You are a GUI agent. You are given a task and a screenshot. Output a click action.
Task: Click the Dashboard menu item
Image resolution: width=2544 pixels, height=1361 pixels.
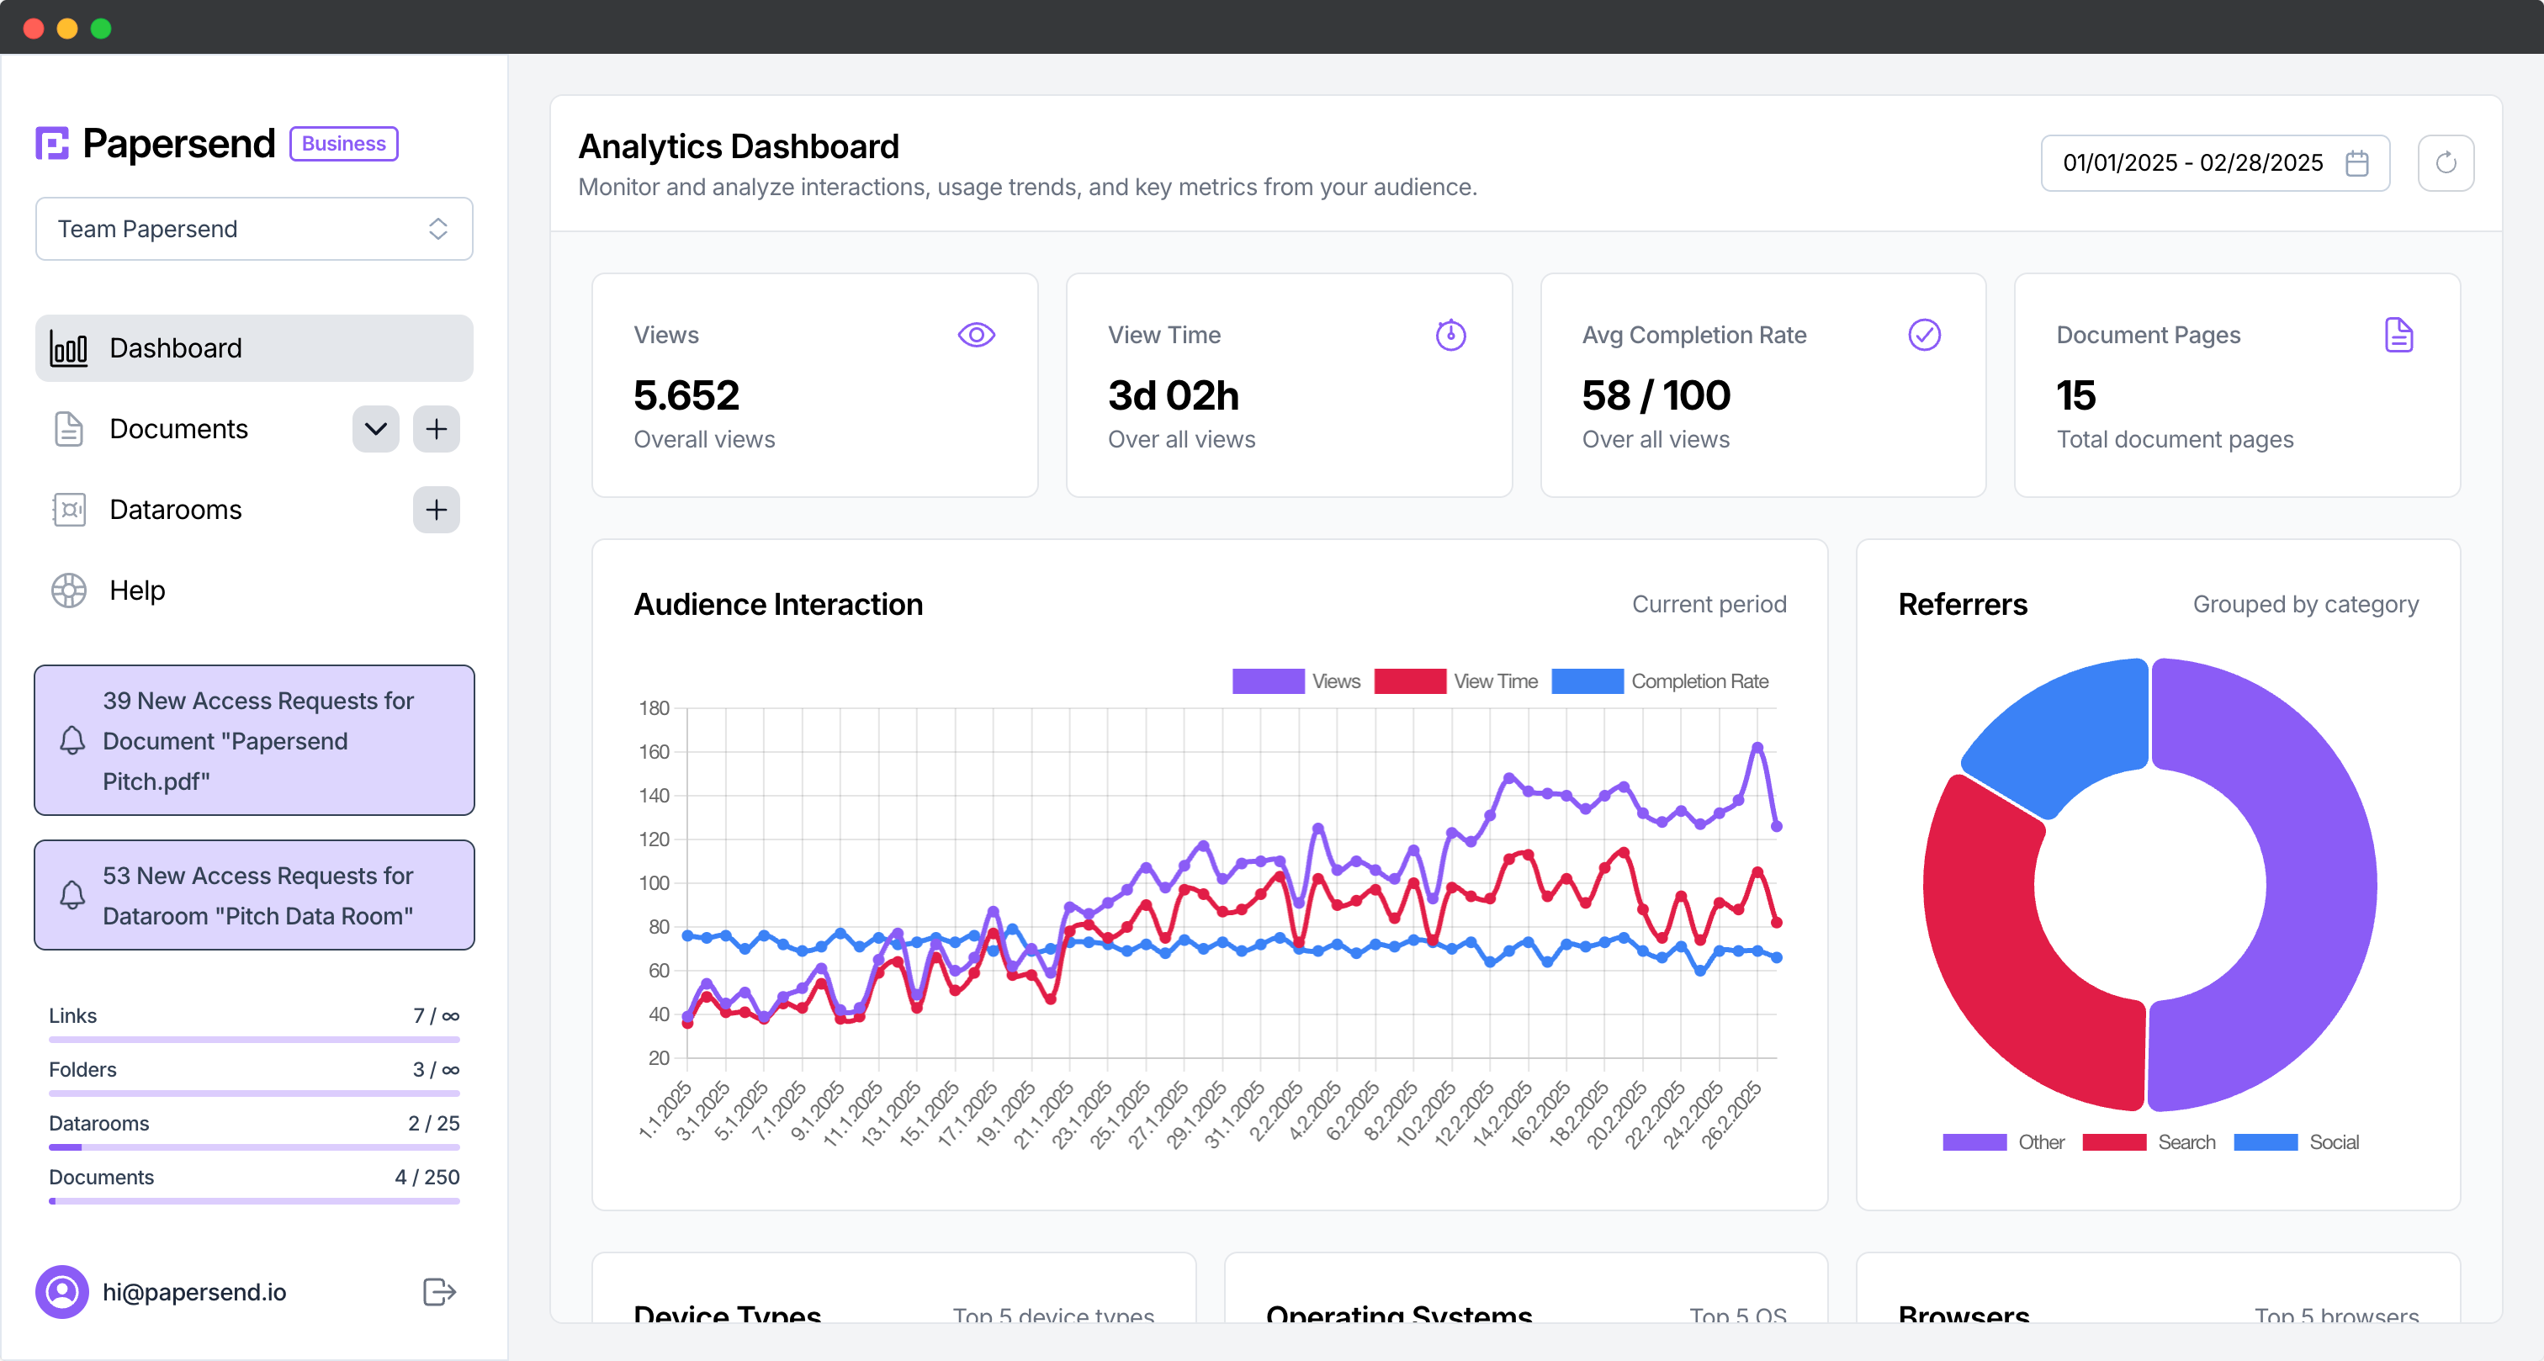[x=254, y=347]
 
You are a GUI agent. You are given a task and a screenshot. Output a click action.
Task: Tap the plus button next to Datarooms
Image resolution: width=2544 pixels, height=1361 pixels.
[x=436, y=510]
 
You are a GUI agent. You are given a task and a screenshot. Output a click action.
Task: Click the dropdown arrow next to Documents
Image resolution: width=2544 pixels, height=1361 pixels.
[x=375, y=429]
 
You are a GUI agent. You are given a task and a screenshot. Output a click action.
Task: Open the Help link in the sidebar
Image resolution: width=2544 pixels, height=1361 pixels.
[x=136, y=590]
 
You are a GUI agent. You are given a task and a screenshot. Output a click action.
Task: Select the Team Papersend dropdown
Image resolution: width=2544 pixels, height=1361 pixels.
[x=254, y=229]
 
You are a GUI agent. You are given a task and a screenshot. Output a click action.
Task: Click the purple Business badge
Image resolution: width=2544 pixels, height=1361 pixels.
[x=344, y=143]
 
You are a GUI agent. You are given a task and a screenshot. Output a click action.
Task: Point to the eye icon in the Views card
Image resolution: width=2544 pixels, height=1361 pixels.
[x=976, y=335]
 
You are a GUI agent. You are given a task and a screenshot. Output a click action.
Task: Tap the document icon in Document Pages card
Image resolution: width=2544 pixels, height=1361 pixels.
[x=2398, y=335]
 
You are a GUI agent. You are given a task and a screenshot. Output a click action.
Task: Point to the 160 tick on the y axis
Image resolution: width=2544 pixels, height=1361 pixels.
[x=654, y=752]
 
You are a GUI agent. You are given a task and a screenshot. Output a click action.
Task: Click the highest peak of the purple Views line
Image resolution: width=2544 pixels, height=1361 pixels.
[x=1757, y=748]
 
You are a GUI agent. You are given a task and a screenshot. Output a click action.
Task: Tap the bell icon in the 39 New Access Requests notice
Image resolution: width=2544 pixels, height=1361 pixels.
[x=72, y=741]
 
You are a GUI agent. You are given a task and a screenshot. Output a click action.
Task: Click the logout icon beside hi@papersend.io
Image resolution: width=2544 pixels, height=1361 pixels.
[x=438, y=1292]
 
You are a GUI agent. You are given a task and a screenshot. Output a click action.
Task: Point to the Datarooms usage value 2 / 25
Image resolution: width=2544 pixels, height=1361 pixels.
[x=433, y=1123]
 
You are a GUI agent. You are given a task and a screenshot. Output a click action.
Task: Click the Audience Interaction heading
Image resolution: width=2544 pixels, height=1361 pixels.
[x=778, y=605]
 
